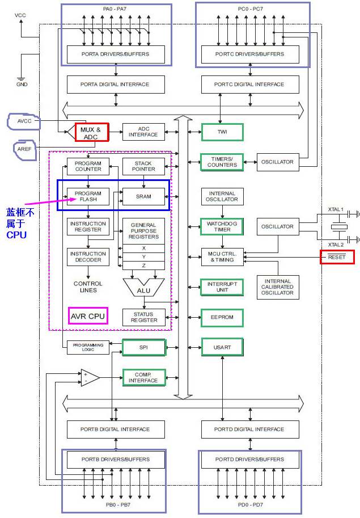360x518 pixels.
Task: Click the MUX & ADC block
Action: [91, 133]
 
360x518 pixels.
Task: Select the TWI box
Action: [222, 132]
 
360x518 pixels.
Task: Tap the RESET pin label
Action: [337, 257]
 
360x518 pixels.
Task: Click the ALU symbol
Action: [143, 288]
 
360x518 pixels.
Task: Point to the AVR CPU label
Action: [88, 315]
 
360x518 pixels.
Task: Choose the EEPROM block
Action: [222, 317]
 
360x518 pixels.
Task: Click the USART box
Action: [222, 347]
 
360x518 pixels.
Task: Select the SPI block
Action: [144, 347]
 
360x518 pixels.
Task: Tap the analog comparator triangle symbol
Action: [89, 377]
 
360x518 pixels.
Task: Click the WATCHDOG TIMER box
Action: [222, 226]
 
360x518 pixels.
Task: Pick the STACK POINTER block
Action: [144, 166]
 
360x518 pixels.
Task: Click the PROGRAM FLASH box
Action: [88, 196]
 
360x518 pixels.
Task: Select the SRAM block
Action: [144, 196]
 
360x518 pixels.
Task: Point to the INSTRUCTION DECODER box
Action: [88, 257]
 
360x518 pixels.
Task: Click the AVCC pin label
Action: [24, 120]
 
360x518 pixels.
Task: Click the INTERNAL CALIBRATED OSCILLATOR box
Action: [278, 287]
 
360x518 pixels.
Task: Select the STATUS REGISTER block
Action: [144, 317]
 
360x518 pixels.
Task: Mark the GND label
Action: [21, 84]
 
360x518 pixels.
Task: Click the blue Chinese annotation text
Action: [20, 222]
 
